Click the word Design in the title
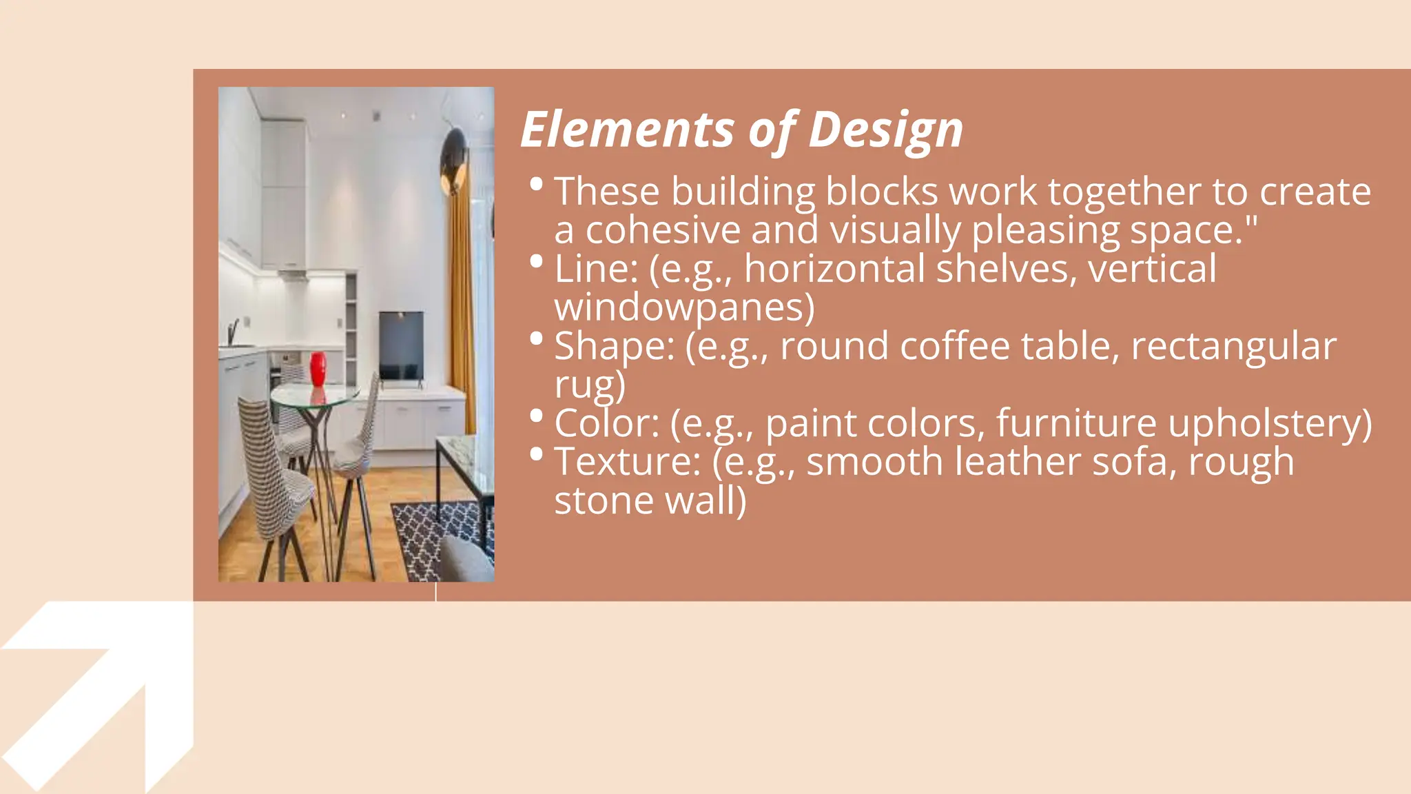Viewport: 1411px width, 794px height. point(885,130)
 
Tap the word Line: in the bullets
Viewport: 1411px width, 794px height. point(596,269)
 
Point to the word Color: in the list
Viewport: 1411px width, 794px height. point(607,423)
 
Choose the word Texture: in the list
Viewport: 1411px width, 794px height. point(628,462)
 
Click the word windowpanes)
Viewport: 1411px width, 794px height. point(684,307)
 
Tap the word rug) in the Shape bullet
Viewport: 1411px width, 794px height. point(590,385)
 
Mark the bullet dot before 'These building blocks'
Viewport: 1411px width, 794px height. point(537,185)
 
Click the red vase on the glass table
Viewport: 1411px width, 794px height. point(318,369)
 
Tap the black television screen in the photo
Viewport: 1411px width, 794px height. point(401,345)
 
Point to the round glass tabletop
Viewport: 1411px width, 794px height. point(314,396)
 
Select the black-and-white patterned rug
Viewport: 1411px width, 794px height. point(441,538)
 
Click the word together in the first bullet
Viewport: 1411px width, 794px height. point(1124,192)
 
